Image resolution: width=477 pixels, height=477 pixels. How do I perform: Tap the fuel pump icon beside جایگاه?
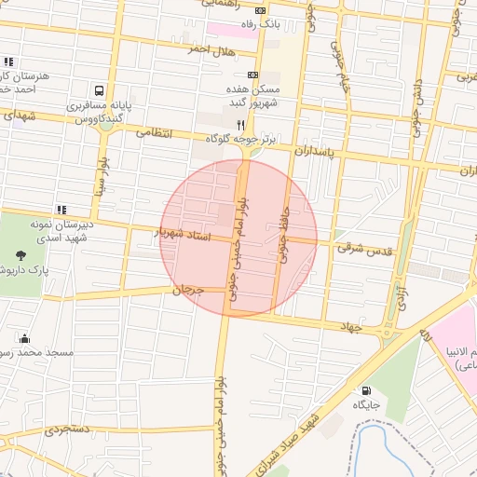365,389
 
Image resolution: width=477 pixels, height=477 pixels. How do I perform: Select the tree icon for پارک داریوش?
20,252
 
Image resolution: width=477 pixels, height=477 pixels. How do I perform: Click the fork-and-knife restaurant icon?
239,124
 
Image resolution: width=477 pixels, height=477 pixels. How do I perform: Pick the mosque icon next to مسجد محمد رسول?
23,338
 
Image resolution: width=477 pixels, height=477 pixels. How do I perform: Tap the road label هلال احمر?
183,48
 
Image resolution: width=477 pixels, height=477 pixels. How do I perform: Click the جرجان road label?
187,291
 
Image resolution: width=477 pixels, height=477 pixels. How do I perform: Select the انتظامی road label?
155,133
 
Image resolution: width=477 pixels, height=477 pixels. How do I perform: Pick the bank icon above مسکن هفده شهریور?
252,75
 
